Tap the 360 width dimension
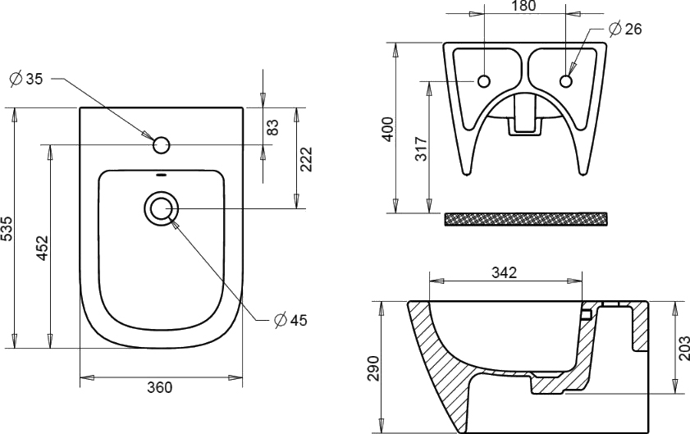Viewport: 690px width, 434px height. click(161, 387)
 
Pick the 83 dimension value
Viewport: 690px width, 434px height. click(273, 126)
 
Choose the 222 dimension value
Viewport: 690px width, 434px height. click(306, 158)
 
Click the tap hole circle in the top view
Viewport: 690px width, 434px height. click(162, 145)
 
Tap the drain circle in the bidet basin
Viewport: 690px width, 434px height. click(160, 208)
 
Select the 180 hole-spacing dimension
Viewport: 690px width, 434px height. click(523, 7)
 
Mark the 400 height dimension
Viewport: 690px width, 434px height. click(388, 129)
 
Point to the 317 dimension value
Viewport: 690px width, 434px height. click(421, 148)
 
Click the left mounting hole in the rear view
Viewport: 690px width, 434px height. click(483, 80)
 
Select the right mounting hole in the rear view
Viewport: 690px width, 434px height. click(565, 80)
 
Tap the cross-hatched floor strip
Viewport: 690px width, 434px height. click(526, 218)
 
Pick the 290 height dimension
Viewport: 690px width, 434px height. click(373, 366)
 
